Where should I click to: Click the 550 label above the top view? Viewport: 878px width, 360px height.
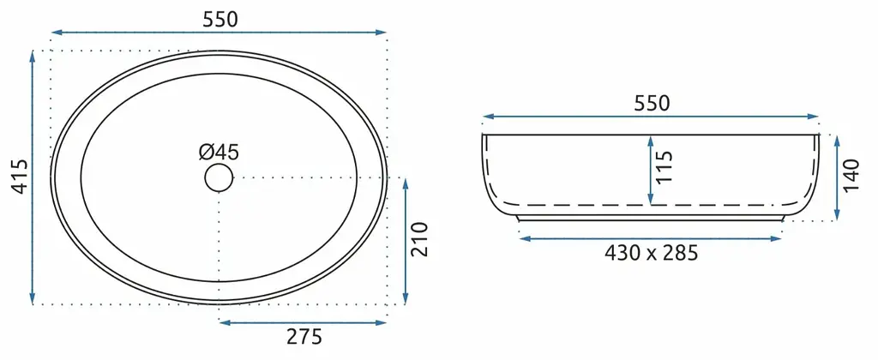(220, 20)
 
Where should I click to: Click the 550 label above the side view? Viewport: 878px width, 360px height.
(652, 104)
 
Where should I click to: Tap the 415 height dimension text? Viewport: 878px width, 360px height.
(21, 177)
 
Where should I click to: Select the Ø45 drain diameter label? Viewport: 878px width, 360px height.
(219, 152)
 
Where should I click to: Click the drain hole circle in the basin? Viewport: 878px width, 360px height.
(219, 177)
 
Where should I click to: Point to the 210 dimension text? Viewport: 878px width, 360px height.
(420, 239)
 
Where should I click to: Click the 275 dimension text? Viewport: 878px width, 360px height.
(304, 337)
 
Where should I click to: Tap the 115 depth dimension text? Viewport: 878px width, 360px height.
(665, 167)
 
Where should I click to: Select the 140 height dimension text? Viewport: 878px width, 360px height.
(851, 176)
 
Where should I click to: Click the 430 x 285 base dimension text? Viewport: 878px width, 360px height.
(652, 253)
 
